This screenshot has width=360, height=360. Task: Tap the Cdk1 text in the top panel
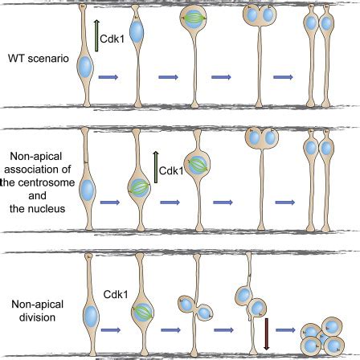[x=112, y=37]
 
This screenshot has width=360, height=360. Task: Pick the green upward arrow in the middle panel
[x=154, y=169]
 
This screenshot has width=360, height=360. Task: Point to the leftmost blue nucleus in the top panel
[x=83, y=79]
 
